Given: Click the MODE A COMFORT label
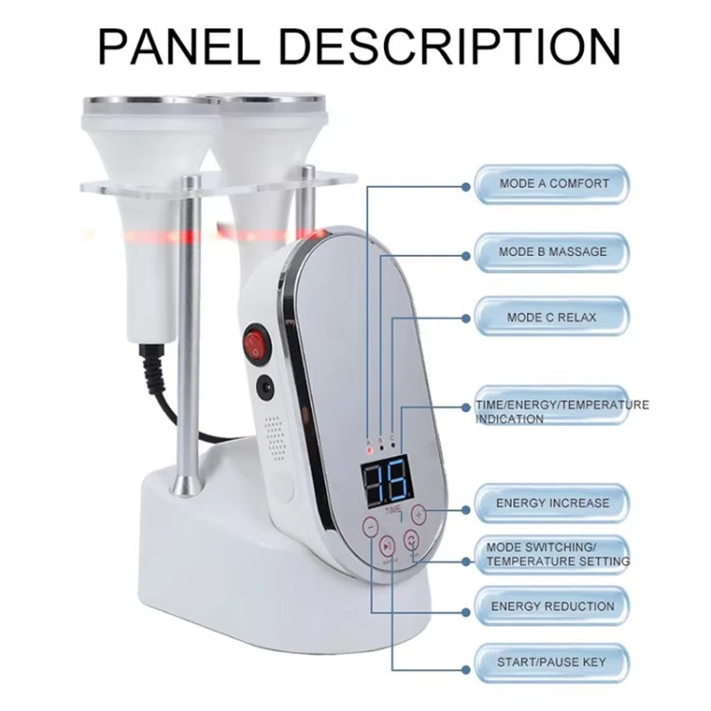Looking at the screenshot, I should click(x=553, y=183).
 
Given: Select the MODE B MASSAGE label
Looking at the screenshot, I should click(x=553, y=252).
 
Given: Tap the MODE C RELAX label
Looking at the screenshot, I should click(x=553, y=317).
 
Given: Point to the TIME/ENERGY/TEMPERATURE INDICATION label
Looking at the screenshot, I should click(x=559, y=410).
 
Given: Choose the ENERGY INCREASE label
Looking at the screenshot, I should click(x=553, y=502).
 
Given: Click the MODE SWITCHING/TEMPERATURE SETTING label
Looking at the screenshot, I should click(x=557, y=555).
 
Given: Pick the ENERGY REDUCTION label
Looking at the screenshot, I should click(x=553, y=606).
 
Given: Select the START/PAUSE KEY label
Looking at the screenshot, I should click(x=553, y=661).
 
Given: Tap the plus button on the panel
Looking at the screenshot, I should click(x=419, y=514).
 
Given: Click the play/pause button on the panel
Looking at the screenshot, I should click(x=388, y=547).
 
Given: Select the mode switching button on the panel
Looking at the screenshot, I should click(x=411, y=540).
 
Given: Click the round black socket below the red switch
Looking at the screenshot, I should click(x=264, y=387).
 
